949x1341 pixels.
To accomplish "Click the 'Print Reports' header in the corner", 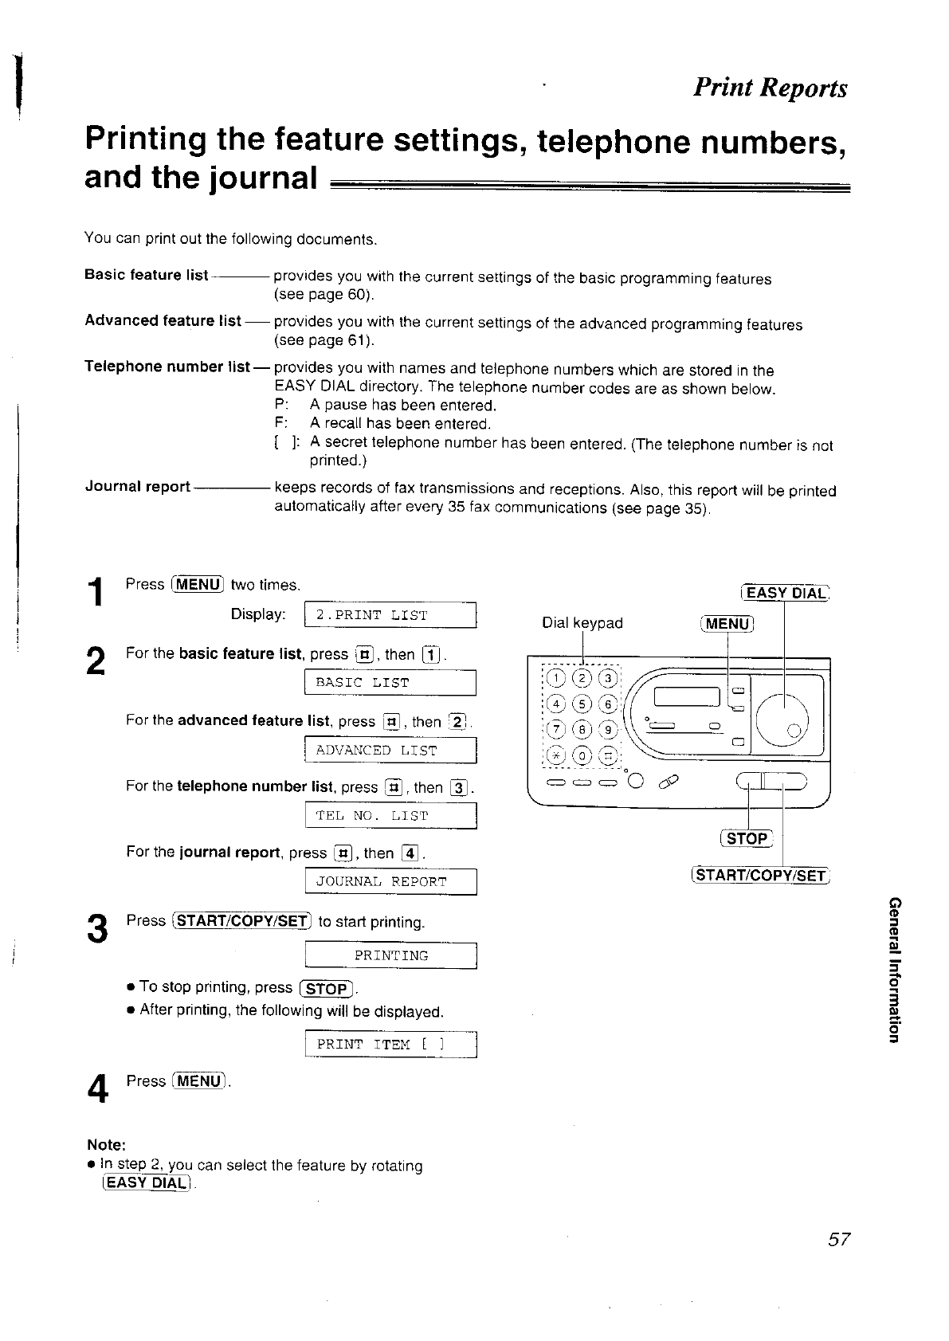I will point(769,88).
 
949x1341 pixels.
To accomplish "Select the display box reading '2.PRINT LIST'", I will point(390,615).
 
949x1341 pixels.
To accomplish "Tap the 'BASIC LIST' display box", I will point(390,683).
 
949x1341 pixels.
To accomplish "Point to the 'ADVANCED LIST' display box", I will point(390,751).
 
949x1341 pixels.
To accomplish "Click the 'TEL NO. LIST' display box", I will point(390,816).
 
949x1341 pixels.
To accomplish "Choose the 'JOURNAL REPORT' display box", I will point(390,882).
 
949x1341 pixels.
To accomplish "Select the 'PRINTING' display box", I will point(390,955).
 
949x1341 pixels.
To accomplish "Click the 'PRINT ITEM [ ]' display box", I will point(390,1045).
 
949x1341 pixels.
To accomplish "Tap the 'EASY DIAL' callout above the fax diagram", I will point(785,593).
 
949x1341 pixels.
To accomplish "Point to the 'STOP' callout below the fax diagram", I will point(747,838).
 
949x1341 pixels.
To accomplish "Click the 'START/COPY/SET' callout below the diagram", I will point(760,876).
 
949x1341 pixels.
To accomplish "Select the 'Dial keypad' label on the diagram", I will point(582,623).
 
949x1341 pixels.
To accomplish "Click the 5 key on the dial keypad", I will point(582,704).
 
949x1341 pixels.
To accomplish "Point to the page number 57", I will point(839,1240).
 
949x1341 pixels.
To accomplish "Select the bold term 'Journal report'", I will point(137,487).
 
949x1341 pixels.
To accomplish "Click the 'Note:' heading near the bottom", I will point(105,1145).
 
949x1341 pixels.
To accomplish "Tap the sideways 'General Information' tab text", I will point(894,969).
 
